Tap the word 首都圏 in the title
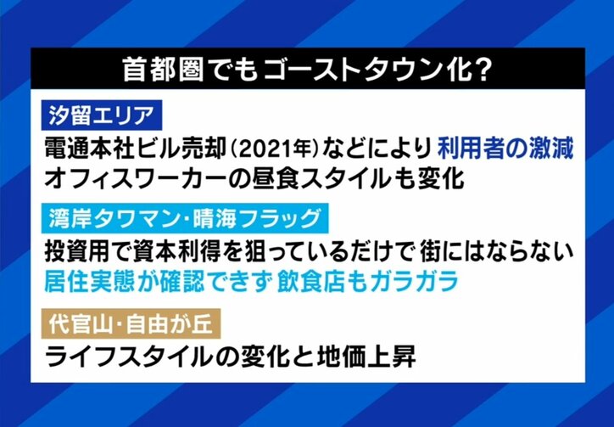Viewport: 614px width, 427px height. tap(163, 70)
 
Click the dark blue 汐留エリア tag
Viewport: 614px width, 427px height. tap(102, 115)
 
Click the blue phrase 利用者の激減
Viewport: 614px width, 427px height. tap(505, 149)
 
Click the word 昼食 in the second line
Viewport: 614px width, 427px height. tap(269, 180)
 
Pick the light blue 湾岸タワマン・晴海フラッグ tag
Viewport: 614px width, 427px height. tap(185, 219)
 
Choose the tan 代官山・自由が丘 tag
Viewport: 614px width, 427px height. tap(131, 324)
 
